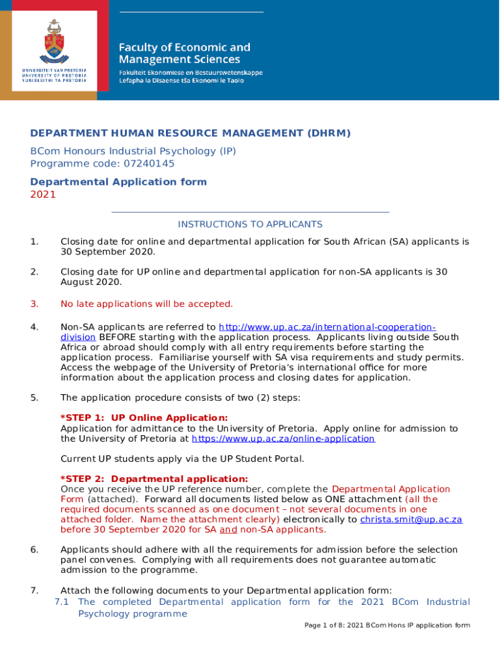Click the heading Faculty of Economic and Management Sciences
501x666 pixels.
pyautogui.click(x=183, y=53)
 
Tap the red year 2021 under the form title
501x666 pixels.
pyautogui.click(x=43, y=194)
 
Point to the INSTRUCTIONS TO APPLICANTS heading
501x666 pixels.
pyautogui.click(x=250, y=224)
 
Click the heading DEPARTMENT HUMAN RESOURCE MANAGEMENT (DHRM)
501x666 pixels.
pyautogui.click(x=190, y=133)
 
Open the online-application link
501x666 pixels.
pyautogui.click(x=283, y=438)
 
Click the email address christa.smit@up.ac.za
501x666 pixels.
pyautogui.click(x=411, y=519)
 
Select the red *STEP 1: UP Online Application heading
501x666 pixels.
pyautogui.click(x=144, y=418)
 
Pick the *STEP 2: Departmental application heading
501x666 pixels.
pyautogui.click(x=154, y=479)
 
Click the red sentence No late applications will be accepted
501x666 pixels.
pyautogui.click(x=146, y=304)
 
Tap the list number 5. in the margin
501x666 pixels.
pyautogui.click(x=34, y=397)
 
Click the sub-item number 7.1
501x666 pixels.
pyautogui.click(x=62, y=602)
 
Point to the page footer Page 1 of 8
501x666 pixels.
pyautogui.click(x=386, y=625)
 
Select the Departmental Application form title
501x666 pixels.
pyautogui.click(x=118, y=181)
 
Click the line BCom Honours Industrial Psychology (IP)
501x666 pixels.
pyautogui.click(x=133, y=151)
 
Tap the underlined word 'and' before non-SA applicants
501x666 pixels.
pyautogui.click(x=228, y=529)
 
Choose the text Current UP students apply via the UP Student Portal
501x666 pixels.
pyautogui.click(x=182, y=459)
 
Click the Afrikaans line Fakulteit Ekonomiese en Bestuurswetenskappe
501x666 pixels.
pyautogui.click(x=190, y=73)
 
